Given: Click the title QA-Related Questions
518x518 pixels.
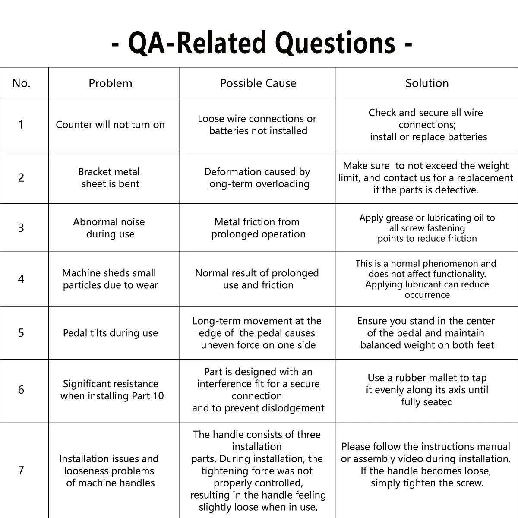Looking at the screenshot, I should point(261,43).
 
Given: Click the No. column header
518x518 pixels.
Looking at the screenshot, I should point(21,83).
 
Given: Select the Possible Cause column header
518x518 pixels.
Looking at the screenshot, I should point(258,83).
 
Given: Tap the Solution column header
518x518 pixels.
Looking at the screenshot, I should point(427,83).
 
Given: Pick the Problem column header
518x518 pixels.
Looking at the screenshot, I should point(111,83).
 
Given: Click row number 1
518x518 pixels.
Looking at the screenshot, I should point(21,125).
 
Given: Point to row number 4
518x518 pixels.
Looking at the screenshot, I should point(21,279).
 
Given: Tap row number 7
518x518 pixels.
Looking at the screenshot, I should point(21,471).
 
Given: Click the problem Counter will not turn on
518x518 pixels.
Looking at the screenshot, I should point(110,125).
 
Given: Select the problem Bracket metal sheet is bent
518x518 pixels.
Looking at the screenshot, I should point(110,178).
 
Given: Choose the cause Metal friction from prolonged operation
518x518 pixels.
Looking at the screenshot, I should point(258,228).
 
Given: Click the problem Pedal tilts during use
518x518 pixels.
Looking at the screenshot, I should point(110,333).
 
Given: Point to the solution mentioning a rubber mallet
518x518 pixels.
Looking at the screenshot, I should point(427,390).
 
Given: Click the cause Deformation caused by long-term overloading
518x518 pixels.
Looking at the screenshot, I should point(258,178).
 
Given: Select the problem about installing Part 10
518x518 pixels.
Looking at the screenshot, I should point(112,390).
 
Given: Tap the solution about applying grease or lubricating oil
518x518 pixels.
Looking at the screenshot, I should point(427,228).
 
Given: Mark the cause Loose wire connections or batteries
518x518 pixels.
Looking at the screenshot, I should point(257,125).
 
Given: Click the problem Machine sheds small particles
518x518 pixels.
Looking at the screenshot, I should point(110,279).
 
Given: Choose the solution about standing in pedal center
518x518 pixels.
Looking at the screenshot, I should point(427,333).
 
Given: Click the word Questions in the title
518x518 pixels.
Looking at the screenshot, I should point(335,43).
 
